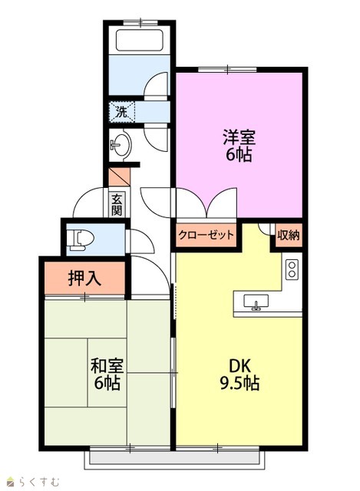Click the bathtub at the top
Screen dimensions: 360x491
click(140, 40)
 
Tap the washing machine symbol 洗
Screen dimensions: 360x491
click(122, 112)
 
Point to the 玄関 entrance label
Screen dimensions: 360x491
click(117, 205)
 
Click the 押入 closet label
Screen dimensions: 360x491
click(84, 278)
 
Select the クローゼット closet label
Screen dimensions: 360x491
click(206, 235)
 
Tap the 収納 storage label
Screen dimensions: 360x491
click(289, 236)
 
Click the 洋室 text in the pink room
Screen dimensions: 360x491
click(239, 137)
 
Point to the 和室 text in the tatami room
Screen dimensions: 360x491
click(107, 365)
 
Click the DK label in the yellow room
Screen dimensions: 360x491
click(239, 366)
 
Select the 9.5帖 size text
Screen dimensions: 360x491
click(239, 383)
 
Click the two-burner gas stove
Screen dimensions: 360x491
click(292, 269)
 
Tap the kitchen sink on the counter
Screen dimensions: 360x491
click(256, 302)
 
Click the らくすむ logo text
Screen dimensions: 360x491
click(38, 481)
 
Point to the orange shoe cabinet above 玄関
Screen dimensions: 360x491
click(119, 177)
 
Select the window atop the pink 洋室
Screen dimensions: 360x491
click(228, 69)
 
